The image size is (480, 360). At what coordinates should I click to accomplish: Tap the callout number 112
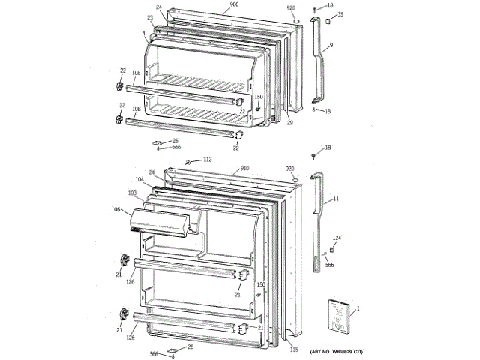click(208, 159)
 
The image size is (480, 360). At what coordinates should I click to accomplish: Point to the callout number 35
click(341, 14)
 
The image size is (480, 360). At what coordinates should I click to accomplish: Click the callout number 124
click(337, 238)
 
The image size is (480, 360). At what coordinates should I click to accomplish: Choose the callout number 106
click(116, 209)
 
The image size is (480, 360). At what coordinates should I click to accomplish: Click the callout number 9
click(331, 46)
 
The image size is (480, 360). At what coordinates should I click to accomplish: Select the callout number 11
click(336, 199)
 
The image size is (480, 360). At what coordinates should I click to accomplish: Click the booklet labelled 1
click(339, 317)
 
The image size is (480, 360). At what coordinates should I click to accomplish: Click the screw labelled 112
click(190, 162)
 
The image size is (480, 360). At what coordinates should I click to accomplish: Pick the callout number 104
click(139, 180)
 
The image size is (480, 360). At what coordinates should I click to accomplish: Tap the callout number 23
click(150, 17)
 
